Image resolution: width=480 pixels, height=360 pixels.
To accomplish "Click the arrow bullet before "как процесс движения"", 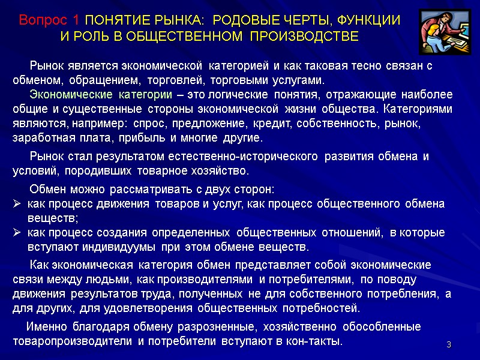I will [x=17, y=203].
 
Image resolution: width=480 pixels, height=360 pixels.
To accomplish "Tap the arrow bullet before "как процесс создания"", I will [x=17, y=233].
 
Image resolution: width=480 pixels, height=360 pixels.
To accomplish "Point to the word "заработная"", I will [x=38, y=137].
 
